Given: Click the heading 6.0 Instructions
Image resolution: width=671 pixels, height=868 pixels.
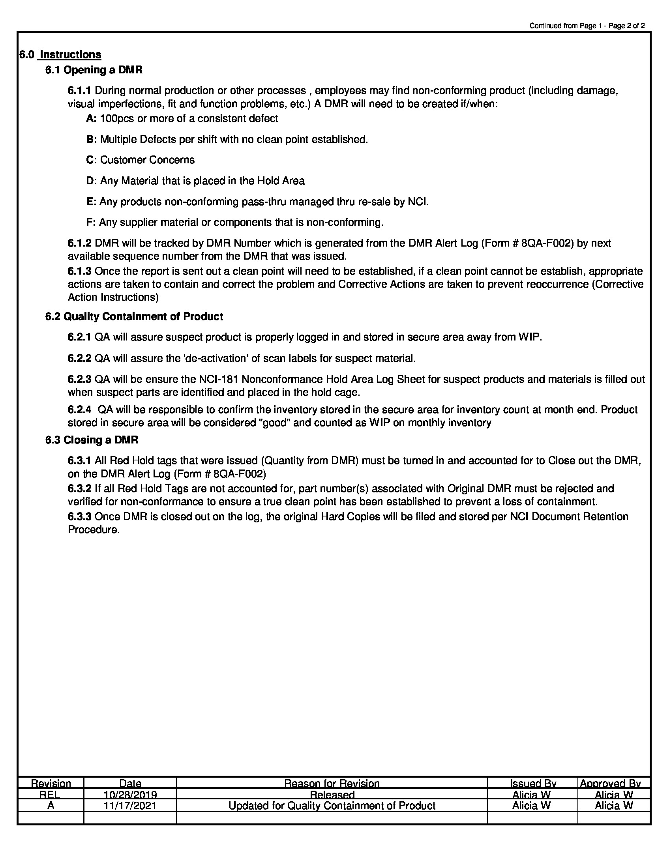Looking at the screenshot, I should [x=60, y=54].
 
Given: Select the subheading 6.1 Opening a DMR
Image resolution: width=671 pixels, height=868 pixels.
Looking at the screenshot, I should [x=94, y=70].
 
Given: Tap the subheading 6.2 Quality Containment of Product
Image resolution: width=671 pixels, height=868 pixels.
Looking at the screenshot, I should [x=134, y=316].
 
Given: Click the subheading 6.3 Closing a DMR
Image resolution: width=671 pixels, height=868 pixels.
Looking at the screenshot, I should [x=92, y=440].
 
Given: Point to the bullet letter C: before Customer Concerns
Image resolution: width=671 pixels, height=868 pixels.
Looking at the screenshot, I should [x=91, y=160].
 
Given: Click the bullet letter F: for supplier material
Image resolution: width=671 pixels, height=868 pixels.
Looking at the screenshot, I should [x=91, y=222].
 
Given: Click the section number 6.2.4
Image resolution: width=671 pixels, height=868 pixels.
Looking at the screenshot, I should [x=79, y=410].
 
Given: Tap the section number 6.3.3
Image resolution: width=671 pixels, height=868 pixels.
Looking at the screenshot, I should [x=79, y=516].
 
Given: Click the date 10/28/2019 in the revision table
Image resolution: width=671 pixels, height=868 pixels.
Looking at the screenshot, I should [x=130, y=795].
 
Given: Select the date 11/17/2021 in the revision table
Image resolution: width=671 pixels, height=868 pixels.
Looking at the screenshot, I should [x=130, y=806].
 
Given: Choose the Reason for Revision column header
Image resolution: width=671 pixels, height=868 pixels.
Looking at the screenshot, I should [x=332, y=783].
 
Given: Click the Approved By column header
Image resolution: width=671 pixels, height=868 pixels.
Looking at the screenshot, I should [x=610, y=783].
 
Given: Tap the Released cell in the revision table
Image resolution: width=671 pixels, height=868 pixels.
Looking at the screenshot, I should [x=332, y=795].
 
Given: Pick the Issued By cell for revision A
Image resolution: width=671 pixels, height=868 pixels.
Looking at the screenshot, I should [x=532, y=806].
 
